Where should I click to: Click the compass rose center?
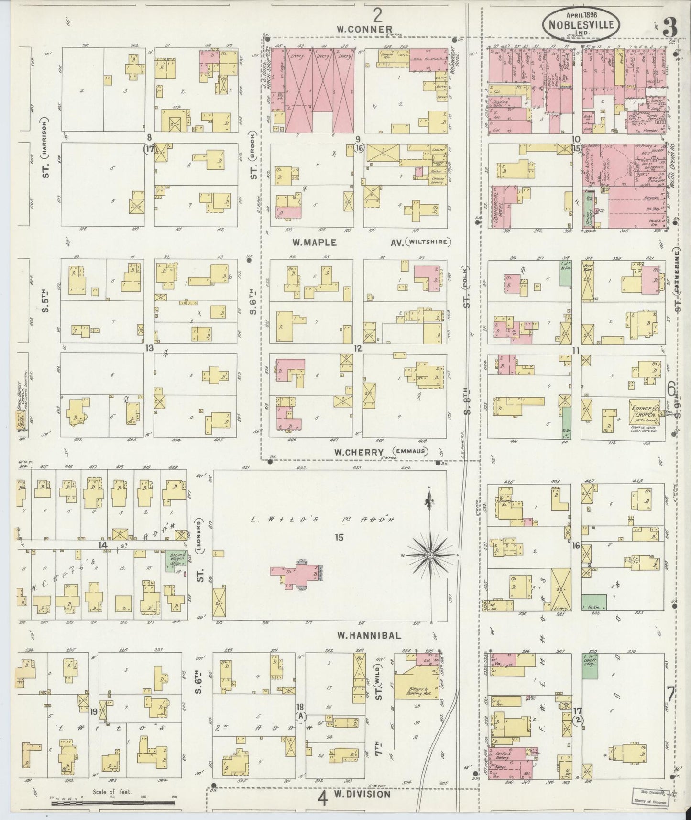click(430, 555)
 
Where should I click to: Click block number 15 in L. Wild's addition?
click(339, 538)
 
